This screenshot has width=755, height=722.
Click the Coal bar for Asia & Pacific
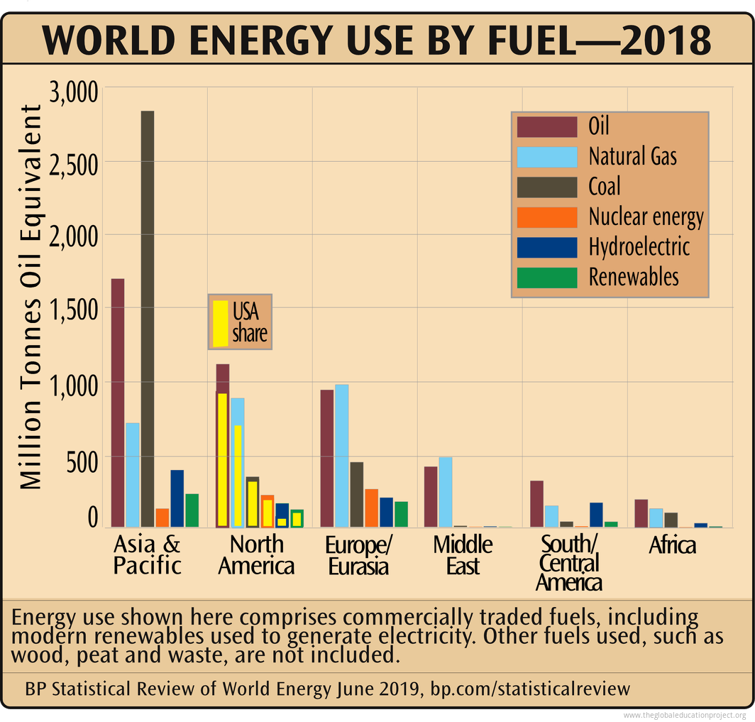[148, 319]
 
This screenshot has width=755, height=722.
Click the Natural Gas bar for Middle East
[446, 492]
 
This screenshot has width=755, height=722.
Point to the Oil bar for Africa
[641, 513]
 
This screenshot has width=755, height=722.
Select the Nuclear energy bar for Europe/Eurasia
[371, 508]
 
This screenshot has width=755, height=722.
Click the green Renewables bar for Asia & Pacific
[192, 510]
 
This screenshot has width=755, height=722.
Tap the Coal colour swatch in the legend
[546, 187]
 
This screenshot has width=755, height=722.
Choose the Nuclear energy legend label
[646, 217]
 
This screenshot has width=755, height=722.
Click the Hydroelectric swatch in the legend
[546, 247]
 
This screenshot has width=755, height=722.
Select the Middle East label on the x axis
[463, 555]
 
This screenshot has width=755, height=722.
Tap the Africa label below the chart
[672, 545]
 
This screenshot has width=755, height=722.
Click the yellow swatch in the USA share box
[221, 323]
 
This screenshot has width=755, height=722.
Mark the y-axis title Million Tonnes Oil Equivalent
[30, 297]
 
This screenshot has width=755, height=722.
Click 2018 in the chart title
[665, 40]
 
